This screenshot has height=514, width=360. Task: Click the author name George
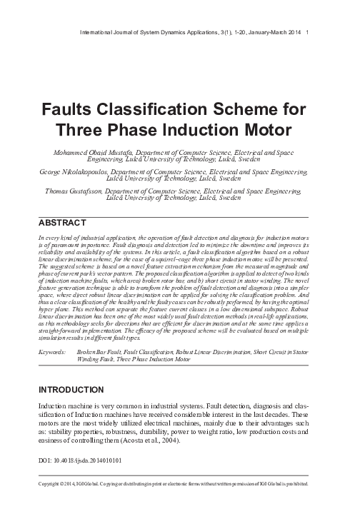(59, 173)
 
